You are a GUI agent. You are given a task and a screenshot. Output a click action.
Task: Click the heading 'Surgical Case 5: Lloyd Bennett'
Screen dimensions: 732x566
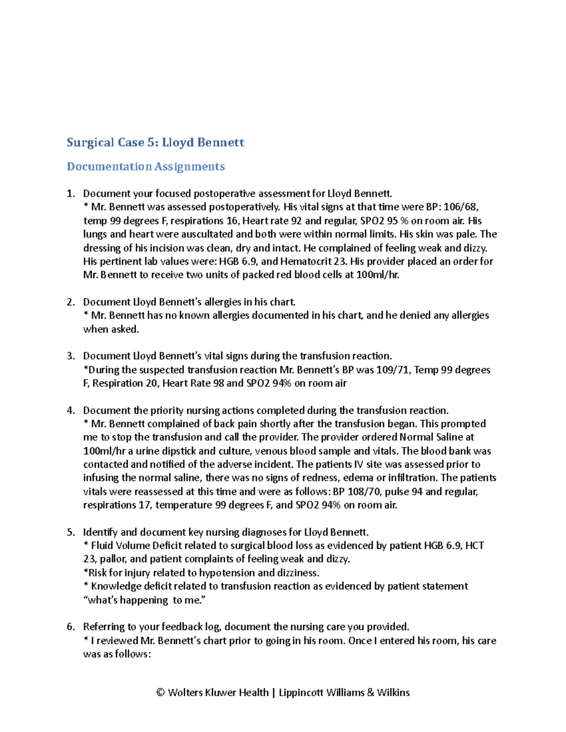click(x=155, y=142)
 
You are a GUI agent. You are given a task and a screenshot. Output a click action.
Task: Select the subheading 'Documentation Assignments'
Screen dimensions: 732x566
click(x=146, y=166)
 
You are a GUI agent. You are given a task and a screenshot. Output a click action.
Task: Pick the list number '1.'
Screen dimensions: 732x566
click(x=71, y=194)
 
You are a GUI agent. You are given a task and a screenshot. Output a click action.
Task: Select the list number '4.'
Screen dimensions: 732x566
click(x=71, y=411)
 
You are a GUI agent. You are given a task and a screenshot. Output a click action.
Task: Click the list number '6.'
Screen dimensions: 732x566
click(x=71, y=627)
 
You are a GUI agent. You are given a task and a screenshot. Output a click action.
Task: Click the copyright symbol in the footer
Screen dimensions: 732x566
click(x=160, y=692)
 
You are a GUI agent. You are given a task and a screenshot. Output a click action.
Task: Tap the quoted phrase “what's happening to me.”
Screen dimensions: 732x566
click(x=145, y=600)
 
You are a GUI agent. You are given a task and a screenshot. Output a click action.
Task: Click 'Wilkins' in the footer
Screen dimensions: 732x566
click(x=393, y=692)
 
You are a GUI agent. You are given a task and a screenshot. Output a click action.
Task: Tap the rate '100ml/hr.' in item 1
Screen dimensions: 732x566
click(x=378, y=275)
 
